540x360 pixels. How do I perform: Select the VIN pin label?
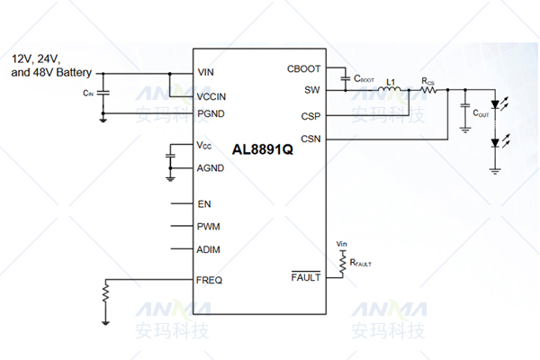[206, 72]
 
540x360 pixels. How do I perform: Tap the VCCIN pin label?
[212, 96]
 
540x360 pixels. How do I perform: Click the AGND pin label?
[211, 167]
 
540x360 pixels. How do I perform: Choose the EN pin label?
[204, 203]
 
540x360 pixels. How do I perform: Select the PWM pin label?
[209, 227]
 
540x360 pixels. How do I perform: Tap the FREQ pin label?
[210, 280]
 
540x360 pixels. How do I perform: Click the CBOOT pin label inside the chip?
[303, 68]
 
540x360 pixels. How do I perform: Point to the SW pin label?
[312, 90]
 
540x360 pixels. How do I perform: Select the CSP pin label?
[310, 116]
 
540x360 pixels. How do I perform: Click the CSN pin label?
[310, 139]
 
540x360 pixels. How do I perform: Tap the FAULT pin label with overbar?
[305, 278]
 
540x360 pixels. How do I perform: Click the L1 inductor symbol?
[391, 90]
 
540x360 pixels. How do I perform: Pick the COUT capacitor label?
[481, 114]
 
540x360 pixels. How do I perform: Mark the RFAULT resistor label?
[360, 265]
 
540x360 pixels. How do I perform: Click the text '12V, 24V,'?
[36, 58]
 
